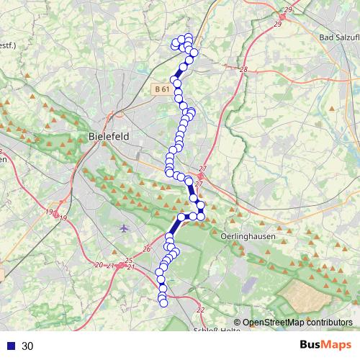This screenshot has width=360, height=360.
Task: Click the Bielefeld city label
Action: (108, 136)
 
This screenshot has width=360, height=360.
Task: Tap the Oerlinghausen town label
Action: (247, 235)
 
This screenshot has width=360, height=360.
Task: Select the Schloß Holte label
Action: (217, 330)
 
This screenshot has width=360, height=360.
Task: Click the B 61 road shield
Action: (161, 89)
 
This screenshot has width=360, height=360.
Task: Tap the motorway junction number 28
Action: (243, 70)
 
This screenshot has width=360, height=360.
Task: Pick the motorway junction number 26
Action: (147, 249)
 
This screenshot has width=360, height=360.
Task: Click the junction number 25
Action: (129, 261)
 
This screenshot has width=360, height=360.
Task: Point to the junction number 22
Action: (200, 310)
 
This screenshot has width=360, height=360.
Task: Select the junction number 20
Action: (99, 265)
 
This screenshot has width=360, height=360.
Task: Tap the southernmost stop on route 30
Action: (163, 303)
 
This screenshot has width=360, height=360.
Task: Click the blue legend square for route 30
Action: (10, 346)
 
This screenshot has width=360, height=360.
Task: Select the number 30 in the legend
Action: (27, 346)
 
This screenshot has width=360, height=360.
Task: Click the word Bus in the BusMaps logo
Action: (312, 346)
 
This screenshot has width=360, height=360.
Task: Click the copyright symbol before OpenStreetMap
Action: (237, 323)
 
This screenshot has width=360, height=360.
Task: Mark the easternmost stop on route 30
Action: (202, 216)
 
